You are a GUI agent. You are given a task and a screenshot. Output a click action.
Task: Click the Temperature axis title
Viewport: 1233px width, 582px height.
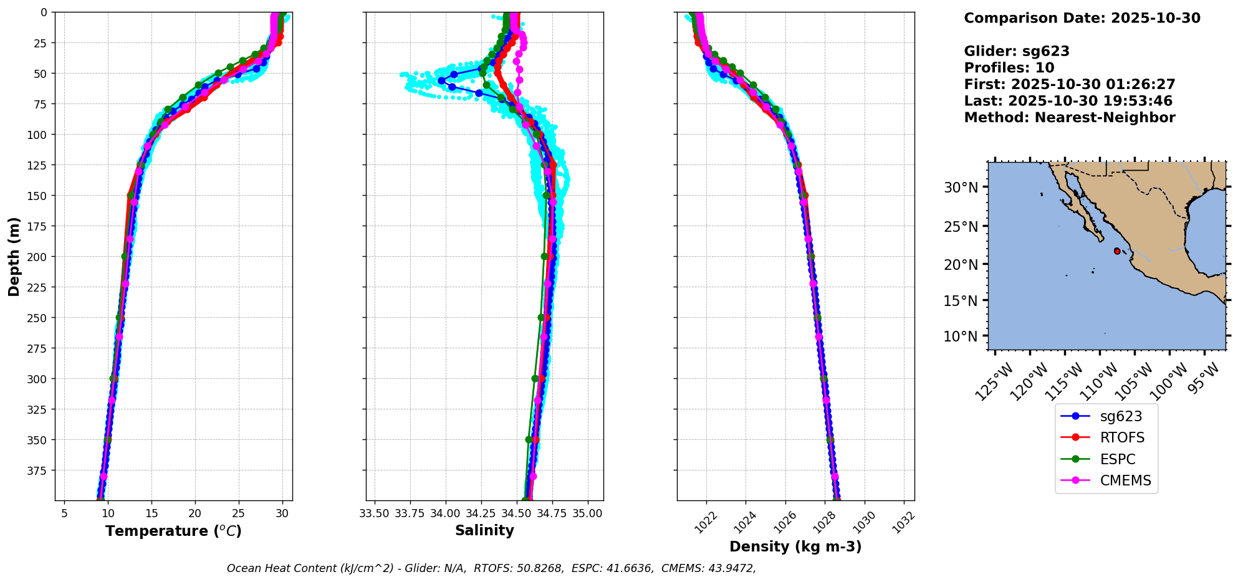pyautogui.click(x=173, y=531)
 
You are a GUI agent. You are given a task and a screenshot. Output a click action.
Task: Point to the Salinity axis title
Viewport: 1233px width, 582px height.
pyautogui.click(x=484, y=530)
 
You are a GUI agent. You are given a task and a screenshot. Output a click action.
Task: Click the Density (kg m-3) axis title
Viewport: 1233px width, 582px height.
pyautogui.click(x=795, y=546)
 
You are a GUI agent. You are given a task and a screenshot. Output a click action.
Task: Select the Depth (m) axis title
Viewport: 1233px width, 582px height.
pyautogui.click(x=14, y=256)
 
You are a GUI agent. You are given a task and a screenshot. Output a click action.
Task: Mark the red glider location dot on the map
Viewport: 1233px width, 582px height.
pyautogui.click(x=1116, y=251)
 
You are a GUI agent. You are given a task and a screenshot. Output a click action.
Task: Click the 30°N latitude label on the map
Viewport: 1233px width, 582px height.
pyautogui.click(x=961, y=188)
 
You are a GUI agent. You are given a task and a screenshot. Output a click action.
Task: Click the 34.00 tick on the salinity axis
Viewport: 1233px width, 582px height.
pyautogui.click(x=445, y=513)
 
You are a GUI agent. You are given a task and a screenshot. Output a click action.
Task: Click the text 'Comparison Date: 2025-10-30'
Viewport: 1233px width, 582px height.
pyautogui.click(x=1082, y=18)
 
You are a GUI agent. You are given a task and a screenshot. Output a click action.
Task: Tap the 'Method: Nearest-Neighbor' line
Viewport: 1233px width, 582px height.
pyautogui.click(x=1069, y=117)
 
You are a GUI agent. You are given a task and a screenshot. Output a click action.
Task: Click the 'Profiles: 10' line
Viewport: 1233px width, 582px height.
pyautogui.click(x=1009, y=68)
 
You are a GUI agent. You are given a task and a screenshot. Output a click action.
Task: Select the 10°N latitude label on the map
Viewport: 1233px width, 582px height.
pyautogui.click(x=961, y=336)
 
